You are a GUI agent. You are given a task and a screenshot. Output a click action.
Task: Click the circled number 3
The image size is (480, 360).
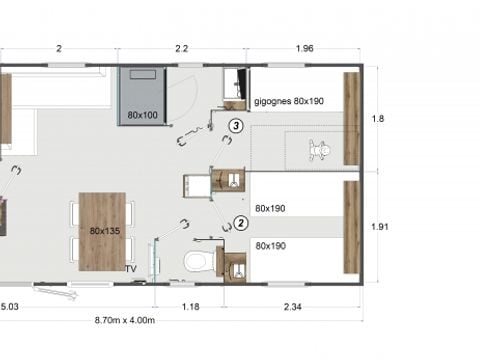235,126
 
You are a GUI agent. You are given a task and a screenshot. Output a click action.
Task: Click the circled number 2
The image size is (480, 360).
241,222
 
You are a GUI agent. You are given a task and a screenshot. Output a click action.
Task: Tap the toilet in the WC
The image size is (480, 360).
200,262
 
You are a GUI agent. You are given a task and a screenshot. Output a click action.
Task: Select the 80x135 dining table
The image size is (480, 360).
103,230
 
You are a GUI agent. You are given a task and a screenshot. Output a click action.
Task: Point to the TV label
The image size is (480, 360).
130,269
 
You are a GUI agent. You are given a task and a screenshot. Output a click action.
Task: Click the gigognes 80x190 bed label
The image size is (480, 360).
288,102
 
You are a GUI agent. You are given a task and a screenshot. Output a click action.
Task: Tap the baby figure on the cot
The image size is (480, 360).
319,151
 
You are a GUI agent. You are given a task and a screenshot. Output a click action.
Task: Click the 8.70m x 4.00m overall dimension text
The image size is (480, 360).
123,319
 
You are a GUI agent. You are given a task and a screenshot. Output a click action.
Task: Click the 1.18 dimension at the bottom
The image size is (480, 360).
188,306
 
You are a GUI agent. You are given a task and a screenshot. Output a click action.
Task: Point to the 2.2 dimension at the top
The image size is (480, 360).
181,48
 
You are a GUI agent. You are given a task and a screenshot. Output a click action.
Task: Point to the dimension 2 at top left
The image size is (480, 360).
59,48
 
